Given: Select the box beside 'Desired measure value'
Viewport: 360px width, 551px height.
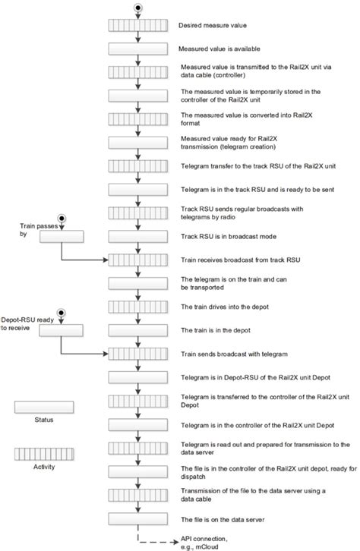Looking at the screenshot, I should [137, 26].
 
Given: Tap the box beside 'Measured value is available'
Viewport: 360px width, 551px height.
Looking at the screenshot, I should [137, 49].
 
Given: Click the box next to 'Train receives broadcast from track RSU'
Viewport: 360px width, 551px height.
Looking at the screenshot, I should [137, 260].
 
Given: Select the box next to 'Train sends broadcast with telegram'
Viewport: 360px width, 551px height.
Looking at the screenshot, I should [137, 354].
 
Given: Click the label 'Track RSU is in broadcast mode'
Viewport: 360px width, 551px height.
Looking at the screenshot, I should [220, 236].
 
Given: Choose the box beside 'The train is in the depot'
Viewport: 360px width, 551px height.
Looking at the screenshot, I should [137, 330].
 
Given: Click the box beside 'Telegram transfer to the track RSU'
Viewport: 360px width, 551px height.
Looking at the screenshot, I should [137, 166].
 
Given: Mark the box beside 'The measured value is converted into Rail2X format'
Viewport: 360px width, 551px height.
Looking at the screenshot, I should [137, 119].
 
